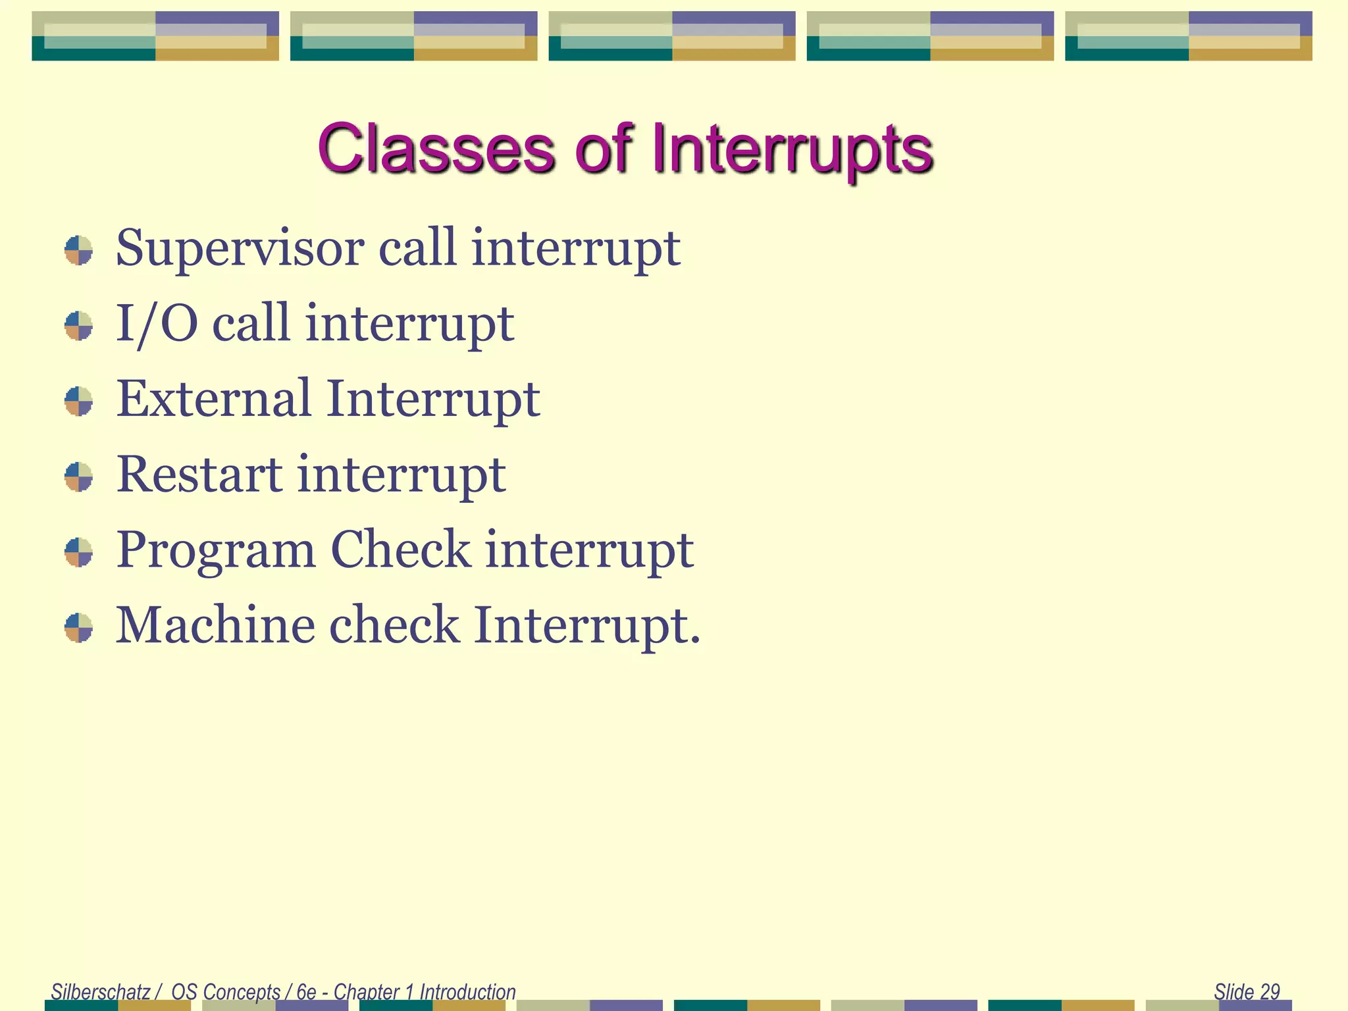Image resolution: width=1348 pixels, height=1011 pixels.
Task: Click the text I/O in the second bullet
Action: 157,324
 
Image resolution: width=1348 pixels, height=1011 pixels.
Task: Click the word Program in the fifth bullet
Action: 216,550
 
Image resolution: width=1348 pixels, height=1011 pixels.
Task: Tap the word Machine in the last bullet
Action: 215,625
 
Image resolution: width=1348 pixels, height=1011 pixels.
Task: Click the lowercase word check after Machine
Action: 394,625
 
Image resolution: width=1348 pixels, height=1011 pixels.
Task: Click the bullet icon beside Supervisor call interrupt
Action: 79,251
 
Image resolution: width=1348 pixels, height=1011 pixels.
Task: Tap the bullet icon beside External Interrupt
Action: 79,402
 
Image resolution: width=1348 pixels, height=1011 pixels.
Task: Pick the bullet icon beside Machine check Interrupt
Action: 79,627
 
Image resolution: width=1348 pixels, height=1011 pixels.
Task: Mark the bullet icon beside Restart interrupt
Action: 79,477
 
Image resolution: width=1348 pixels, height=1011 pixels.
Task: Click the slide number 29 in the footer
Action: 1270,991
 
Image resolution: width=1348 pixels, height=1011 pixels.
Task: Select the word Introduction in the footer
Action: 467,991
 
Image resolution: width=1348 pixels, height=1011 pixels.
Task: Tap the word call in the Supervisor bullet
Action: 417,249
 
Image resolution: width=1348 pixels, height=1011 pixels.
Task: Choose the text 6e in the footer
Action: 306,991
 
